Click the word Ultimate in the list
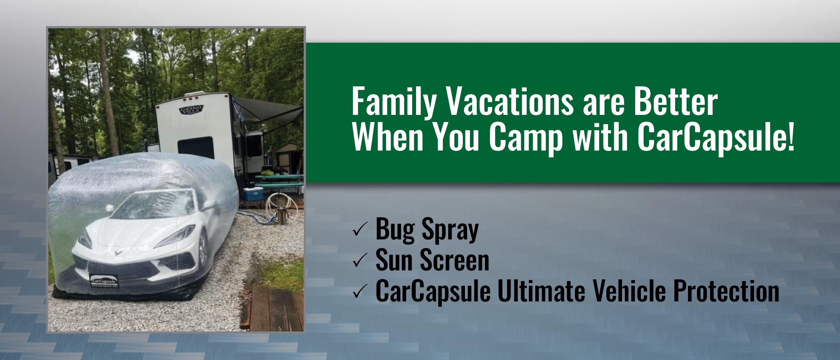(541, 291)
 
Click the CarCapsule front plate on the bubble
(104, 282)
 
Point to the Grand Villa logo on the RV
(191, 110)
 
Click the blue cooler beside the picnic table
(253, 194)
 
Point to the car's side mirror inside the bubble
(109, 208)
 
